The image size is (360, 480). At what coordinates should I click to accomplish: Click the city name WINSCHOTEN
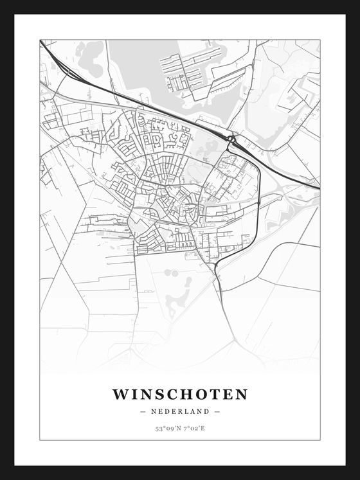180,394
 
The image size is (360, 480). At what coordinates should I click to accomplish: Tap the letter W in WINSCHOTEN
120,394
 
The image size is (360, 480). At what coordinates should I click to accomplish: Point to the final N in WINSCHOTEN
241,394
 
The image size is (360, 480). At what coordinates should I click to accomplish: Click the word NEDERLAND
180,411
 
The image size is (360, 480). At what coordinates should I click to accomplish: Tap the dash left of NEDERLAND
142,411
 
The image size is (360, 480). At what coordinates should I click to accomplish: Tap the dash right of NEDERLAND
217,411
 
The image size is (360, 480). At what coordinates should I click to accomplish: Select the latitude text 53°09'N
166,428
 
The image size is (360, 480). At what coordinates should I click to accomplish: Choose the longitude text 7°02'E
194,428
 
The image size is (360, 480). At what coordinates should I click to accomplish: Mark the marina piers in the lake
186,71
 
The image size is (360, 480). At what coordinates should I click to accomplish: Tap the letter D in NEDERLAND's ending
208,411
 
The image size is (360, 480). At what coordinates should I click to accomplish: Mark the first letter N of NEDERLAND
154,411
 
